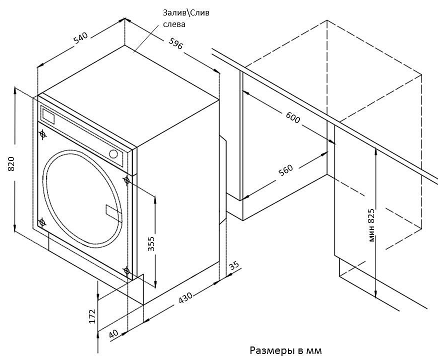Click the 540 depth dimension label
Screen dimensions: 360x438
coord(80,38)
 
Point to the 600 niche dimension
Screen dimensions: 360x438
coord(293,118)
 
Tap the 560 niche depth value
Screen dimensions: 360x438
coord(285,170)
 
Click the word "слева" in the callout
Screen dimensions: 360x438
coord(174,24)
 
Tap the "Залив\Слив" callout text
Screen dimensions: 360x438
coord(186,13)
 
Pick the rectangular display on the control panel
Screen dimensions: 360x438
coord(48,116)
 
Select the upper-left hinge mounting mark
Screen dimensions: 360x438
coord(42,134)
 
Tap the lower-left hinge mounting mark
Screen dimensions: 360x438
coord(42,222)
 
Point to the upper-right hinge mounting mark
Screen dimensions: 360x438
coord(126,180)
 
